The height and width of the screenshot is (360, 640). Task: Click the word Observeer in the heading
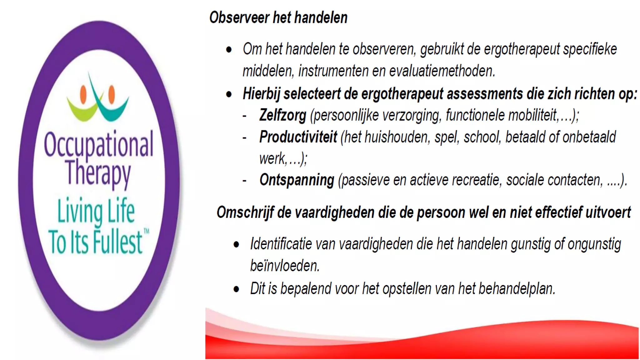(x=239, y=17)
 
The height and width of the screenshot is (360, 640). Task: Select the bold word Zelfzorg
(x=282, y=115)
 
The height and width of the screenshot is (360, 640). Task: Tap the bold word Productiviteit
(x=298, y=137)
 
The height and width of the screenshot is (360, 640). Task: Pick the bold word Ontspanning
(x=297, y=180)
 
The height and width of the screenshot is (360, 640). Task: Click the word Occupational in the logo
(x=99, y=144)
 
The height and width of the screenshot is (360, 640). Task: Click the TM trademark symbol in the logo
(x=146, y=231)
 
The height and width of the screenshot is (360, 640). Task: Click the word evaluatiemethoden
(x=442, y=71)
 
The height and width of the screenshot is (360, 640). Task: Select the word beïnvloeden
(x=284, y=266)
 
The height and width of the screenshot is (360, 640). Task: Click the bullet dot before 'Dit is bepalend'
(x=236, y=289)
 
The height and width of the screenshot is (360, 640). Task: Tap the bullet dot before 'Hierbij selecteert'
(x=229, y=94)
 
